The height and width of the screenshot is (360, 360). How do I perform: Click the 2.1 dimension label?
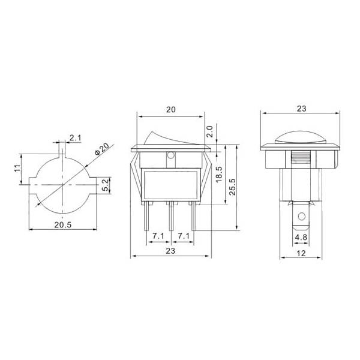pyautogui.click(x=76, y=138)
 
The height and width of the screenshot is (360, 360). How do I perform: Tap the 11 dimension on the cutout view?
pyautogui.click(x=17, y=168)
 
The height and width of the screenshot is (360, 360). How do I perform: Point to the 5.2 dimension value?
pyautogui.click(x=104, y=185)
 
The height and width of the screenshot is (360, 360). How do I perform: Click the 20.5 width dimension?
pyautogui.click(x=63, y=225)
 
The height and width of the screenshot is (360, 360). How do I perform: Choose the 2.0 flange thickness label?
pyautogui.click(x=210, y=131)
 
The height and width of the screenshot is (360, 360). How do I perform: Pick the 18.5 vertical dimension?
pyautogui.click(x=219, y=175)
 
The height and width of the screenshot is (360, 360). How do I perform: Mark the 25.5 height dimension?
pyautogui.click(x=232, y=187)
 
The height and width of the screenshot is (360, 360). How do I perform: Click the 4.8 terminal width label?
pyautogui.click(x=301, y=237)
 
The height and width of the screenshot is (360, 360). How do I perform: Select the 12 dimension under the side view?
pyautogui.click(x=301, y=253)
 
